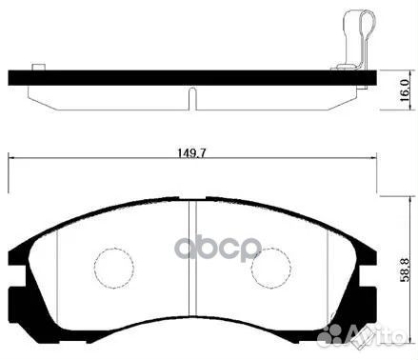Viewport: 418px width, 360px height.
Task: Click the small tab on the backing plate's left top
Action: coord(39,67)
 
